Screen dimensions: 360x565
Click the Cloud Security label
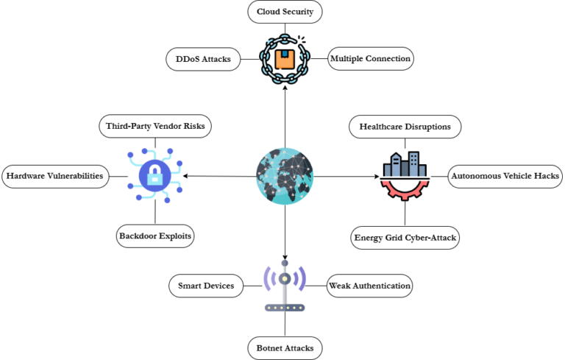pyautogui.click(x=285, y=12)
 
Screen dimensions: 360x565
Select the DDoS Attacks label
pyautogui.click(x=203, y=59)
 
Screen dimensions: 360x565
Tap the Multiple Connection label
pyautogui.click(x=370, y=59)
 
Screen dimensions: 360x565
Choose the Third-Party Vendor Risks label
pyautogui.click(x=155, y=126)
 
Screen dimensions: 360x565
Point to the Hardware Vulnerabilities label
pyautogui.click(x=54, y=176)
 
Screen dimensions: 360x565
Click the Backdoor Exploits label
pyautogui.click(x=155, y=236)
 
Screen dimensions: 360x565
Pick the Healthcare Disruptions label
pyautogui.click(x=405, y=127)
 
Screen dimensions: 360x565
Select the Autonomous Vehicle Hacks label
pyautogui.click(x=505, y=176)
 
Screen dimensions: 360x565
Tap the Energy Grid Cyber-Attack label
pyautogui.click(x=406, y=237)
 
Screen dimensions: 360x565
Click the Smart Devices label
pyautogui.click(x=206, y=286)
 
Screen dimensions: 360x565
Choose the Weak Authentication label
pyautogui.click(x=369, y=286)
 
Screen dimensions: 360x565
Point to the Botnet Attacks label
pyautogui.click(x=285, y=347)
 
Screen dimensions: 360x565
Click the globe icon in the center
pyautogui.click(x=285, y=177)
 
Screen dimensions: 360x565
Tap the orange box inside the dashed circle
pyautogui.click(x=285, y=58)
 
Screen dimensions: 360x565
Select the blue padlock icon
pyautogui.click(x=155, y=175)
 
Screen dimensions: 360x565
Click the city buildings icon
pyautogui.click(x=405, y=166)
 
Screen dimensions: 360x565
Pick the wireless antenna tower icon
pyautogui.click(x=285, y=278)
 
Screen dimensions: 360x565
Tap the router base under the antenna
pyautogui.click(x=285, y=307)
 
